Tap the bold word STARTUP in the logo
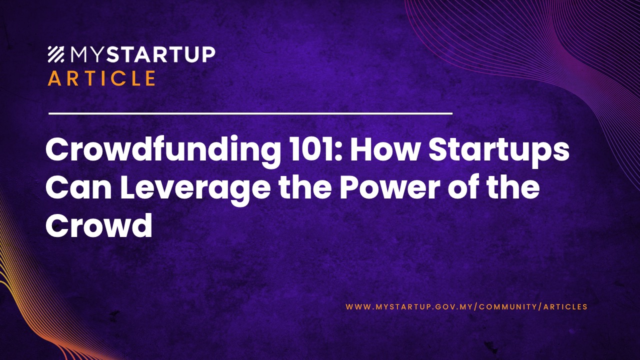[x=160, y=54]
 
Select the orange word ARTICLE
[x=101, y=78]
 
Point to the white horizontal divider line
[x=250, y=113]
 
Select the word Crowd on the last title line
[x=98, y=226]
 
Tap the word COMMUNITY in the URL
[x=508, y=306]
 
